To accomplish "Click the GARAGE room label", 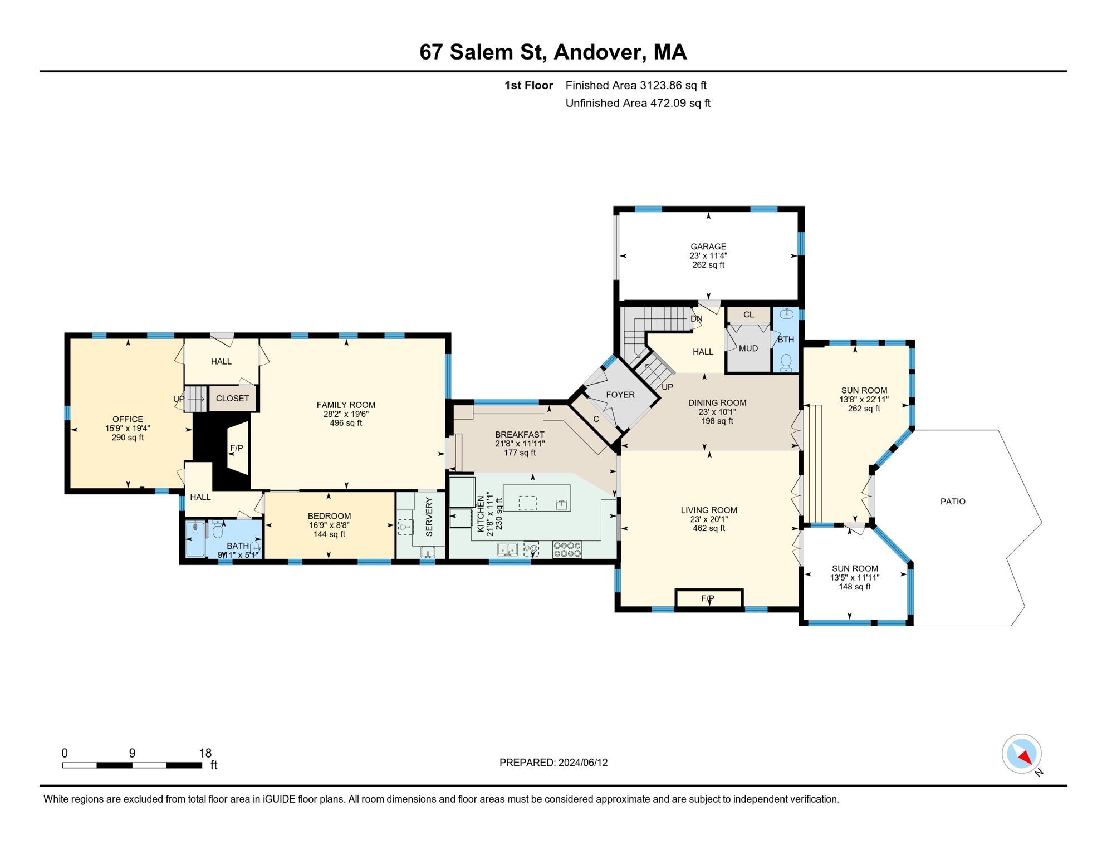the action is coord(708,247).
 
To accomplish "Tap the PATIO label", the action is coord(953,502).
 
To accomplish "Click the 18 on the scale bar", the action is coord(205,753).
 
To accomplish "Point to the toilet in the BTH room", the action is coord(786,363).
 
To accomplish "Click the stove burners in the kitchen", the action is coord(567,550).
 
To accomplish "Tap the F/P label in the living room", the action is coord(708,598).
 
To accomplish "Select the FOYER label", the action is coord(620,395).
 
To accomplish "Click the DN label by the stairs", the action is coord(697,319).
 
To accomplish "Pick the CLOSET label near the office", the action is coord(232,399).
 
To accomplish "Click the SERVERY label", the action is coord(429,517).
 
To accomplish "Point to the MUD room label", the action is coord(748,348).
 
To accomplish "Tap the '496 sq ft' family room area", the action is coord(346,423).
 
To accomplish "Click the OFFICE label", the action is coord(128,419).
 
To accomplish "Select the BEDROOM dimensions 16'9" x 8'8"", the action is coord(329,525).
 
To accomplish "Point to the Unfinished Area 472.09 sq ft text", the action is coord(638,103).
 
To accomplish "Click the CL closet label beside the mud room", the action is coord(748,315).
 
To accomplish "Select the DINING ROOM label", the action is coord(717,403).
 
